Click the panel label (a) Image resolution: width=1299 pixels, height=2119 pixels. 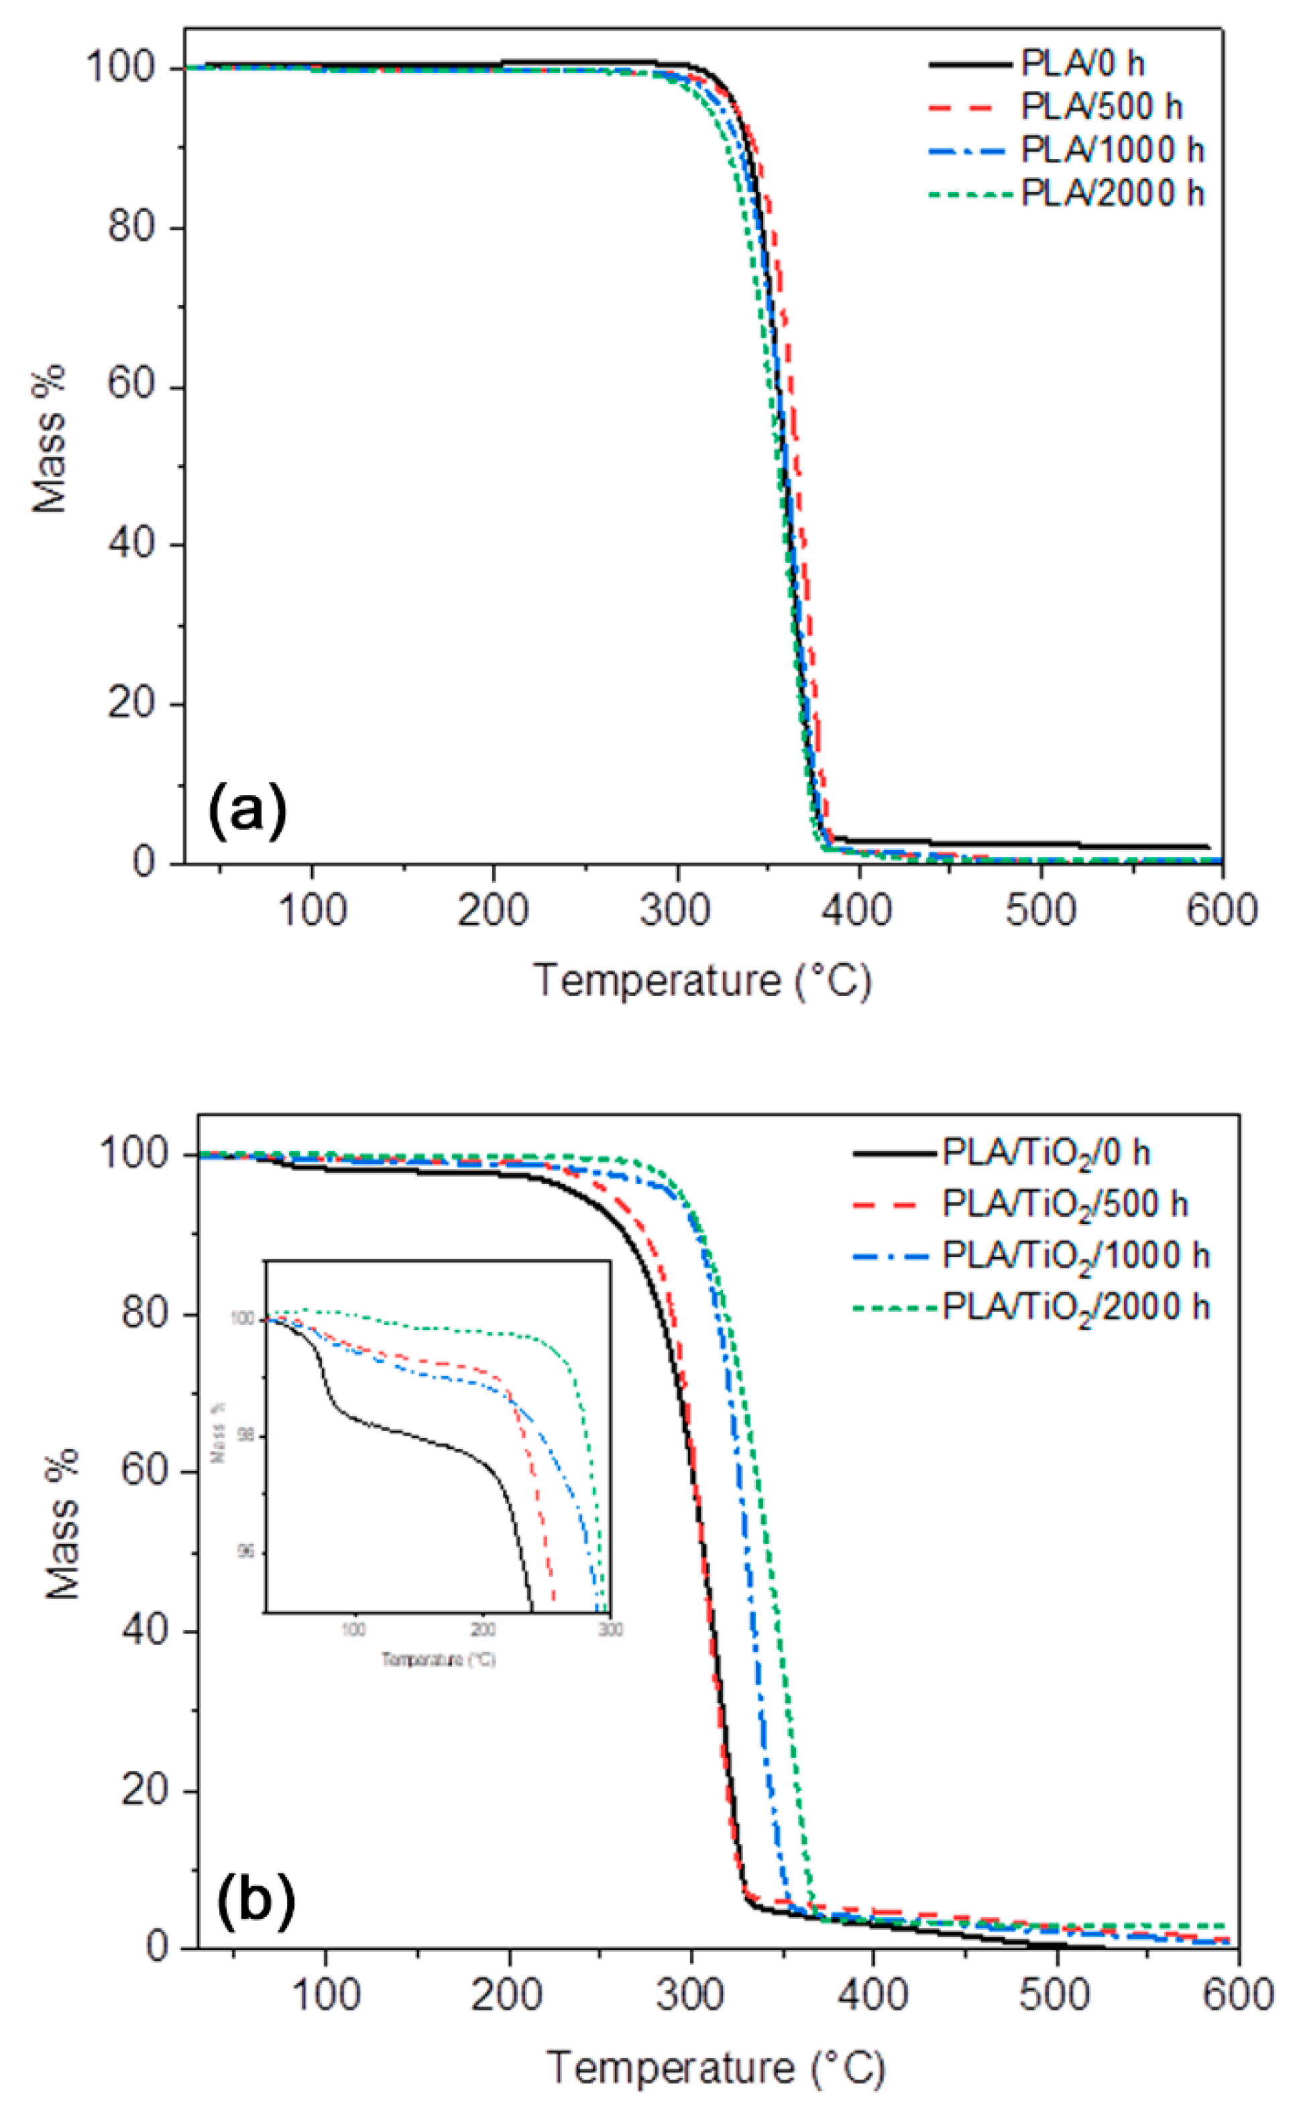[247, 811]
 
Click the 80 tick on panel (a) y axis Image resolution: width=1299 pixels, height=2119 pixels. [137, 229]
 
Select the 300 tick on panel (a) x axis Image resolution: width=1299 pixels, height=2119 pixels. [677, 910]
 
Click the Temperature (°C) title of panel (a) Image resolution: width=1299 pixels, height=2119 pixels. [703, 981]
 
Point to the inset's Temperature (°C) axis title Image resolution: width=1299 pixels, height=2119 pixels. [439, 1659]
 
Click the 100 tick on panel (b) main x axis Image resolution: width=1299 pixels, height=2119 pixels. [325, 1994]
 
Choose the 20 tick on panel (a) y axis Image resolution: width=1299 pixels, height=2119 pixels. [137, 705]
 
